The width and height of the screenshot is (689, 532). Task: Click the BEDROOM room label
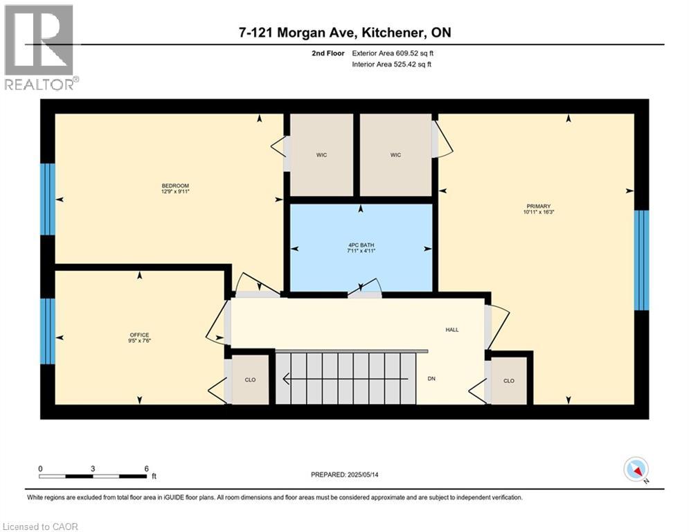[x=175, y=186]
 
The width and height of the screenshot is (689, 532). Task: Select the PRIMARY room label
[x=538, y=206]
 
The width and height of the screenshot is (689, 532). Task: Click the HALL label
[x=451, y=330]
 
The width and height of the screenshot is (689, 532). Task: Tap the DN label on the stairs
[x=431, y=378]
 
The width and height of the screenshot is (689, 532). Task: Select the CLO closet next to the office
[x=249, y=380]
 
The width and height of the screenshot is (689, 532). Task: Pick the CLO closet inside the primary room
[x=509, y=380]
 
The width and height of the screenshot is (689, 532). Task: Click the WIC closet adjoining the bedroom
[x=321, y=155]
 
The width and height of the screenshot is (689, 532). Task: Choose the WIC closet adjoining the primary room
[x=395, y=155]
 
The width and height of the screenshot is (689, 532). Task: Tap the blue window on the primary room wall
[x=642, y=260]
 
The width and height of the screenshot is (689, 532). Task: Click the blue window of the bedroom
[x=47, y=199]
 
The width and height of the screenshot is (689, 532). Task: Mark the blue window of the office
[x=47, y=331]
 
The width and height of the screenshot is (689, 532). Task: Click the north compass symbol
[x=635, y=470]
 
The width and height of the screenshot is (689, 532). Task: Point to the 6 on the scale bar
[x=146, y=468]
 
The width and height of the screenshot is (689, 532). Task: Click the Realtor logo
[x=39, y=46]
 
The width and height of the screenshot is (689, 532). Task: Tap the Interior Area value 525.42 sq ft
[x=408, y=64]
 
